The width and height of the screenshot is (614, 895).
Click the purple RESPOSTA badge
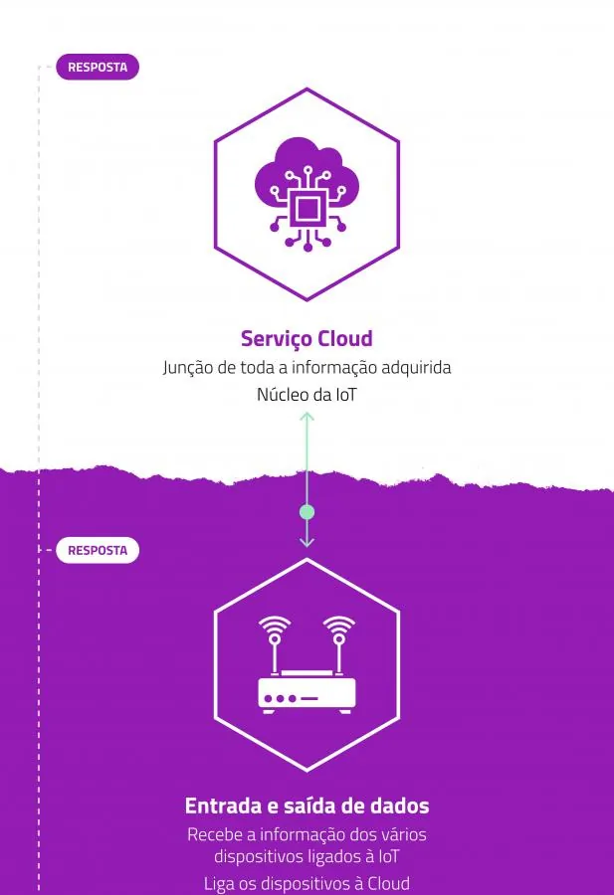[98, 67]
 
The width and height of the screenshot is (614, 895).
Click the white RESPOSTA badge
[98, 550]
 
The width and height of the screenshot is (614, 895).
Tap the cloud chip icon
[307, 194]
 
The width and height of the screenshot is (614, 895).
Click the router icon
[307, 665]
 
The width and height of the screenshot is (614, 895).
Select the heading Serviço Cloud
[307, 338]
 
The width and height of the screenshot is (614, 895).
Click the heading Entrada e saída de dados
[307, 805]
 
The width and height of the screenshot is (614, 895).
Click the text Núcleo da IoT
[307, 395]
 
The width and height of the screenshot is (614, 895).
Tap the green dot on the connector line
[307, 512]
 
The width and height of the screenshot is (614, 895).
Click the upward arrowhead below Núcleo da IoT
[307, 417]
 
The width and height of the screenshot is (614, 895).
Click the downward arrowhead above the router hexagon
[307, 542]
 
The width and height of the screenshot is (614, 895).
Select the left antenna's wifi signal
[275, 626]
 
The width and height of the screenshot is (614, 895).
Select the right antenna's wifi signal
[338, 626]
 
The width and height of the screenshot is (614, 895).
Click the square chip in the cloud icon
[307, 209]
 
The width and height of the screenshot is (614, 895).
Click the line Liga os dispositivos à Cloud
[307, 884]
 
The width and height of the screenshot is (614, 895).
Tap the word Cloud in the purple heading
[345, 338]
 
